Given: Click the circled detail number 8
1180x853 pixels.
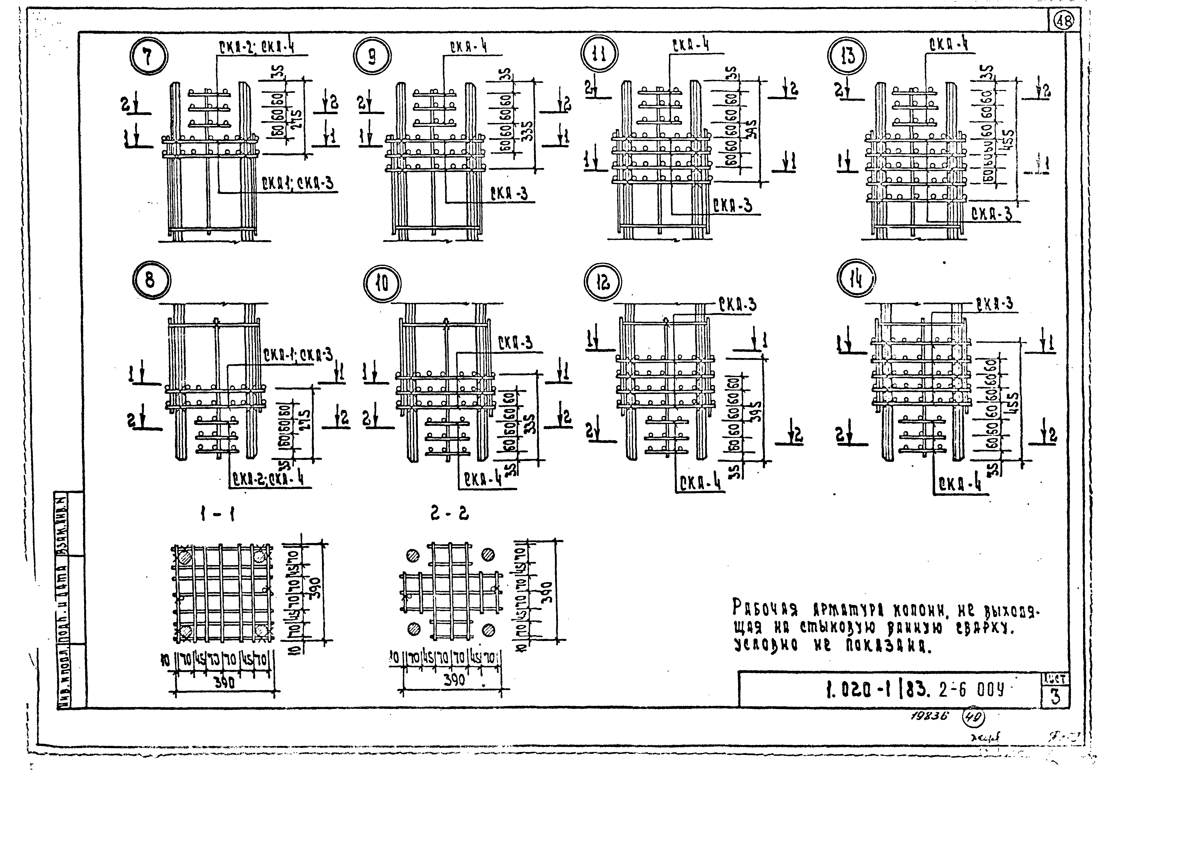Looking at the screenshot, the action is [x=150, y=281].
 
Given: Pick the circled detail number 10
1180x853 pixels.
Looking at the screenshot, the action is [x=383, y=284].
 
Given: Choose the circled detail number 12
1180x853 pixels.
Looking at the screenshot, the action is [x=603, y=284].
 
